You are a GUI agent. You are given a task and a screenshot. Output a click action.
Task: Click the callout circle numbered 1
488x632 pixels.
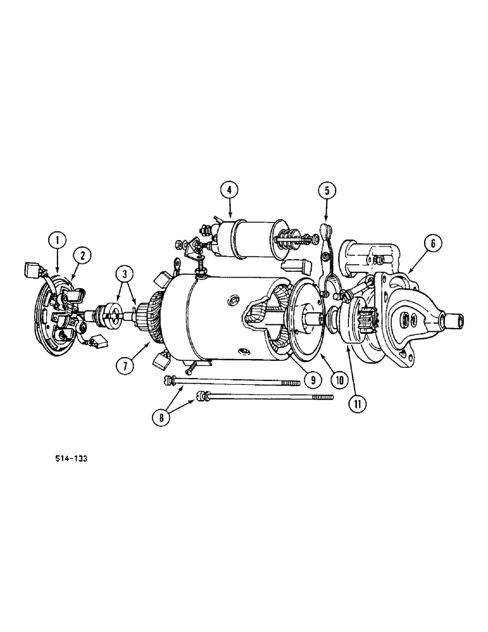(x=58, y=240)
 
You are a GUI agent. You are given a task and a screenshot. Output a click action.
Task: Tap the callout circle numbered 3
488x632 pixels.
(x=124, y=274)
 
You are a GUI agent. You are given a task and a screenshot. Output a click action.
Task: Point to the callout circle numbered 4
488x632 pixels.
(x=229, y=189)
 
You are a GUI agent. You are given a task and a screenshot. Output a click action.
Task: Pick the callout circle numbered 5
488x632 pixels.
(x=327, y=189)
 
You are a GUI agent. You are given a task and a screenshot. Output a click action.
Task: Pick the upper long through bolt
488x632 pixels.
(x=234, y=381)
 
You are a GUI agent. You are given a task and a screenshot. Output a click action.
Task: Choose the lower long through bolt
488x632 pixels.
(x=265, y=397)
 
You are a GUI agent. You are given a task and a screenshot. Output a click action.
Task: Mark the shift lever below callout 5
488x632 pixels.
(x=327, y=265)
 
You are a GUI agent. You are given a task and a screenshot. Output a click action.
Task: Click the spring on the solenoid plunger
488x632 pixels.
(x=288, y=239)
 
